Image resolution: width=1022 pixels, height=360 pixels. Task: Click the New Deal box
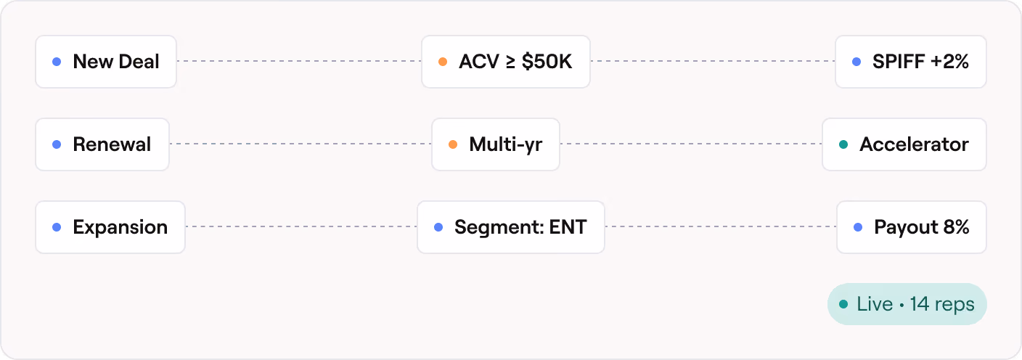click(x=106, y=62)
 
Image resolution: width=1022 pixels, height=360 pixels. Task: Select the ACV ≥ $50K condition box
click(x=505, y=62)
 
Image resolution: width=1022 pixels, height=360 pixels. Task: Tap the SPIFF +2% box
click(x=911, y=62)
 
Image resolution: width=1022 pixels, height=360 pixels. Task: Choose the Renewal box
click(x=102, y=144)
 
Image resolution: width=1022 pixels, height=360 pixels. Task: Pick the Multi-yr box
click(x=496, y=144)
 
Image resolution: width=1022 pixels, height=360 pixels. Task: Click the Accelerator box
click(x=904, y=144)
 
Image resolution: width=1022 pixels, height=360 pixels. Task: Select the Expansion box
click(x=110, y=227)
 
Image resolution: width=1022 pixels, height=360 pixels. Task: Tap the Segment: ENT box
click(x=510, y=227)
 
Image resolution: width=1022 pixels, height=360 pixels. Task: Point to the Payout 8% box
click(x=912, y=227)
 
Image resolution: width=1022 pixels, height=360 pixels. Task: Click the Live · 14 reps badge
click(x=907, y=304)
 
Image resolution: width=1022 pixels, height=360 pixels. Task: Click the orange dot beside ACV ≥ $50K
click(x=443, y=62)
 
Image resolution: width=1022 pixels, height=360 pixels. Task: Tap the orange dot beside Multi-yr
click(x=453, y=144)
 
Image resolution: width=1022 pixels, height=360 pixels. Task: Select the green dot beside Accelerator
click(x=843, y=144)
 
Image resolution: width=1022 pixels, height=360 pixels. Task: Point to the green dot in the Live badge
click(x=843, y=304)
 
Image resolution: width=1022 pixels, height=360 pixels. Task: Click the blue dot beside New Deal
click(x=57, y=62)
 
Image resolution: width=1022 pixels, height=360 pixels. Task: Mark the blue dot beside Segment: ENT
click(x=438, y=227)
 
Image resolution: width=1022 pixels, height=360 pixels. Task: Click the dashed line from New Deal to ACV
click(x=299, y=61)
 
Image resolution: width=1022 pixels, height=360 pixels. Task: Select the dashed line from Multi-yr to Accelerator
click(x=691, y=144)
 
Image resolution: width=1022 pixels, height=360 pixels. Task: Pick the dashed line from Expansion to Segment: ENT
click(x=301, y=226)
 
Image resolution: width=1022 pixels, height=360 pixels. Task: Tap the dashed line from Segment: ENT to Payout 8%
click(x=721, y=226)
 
